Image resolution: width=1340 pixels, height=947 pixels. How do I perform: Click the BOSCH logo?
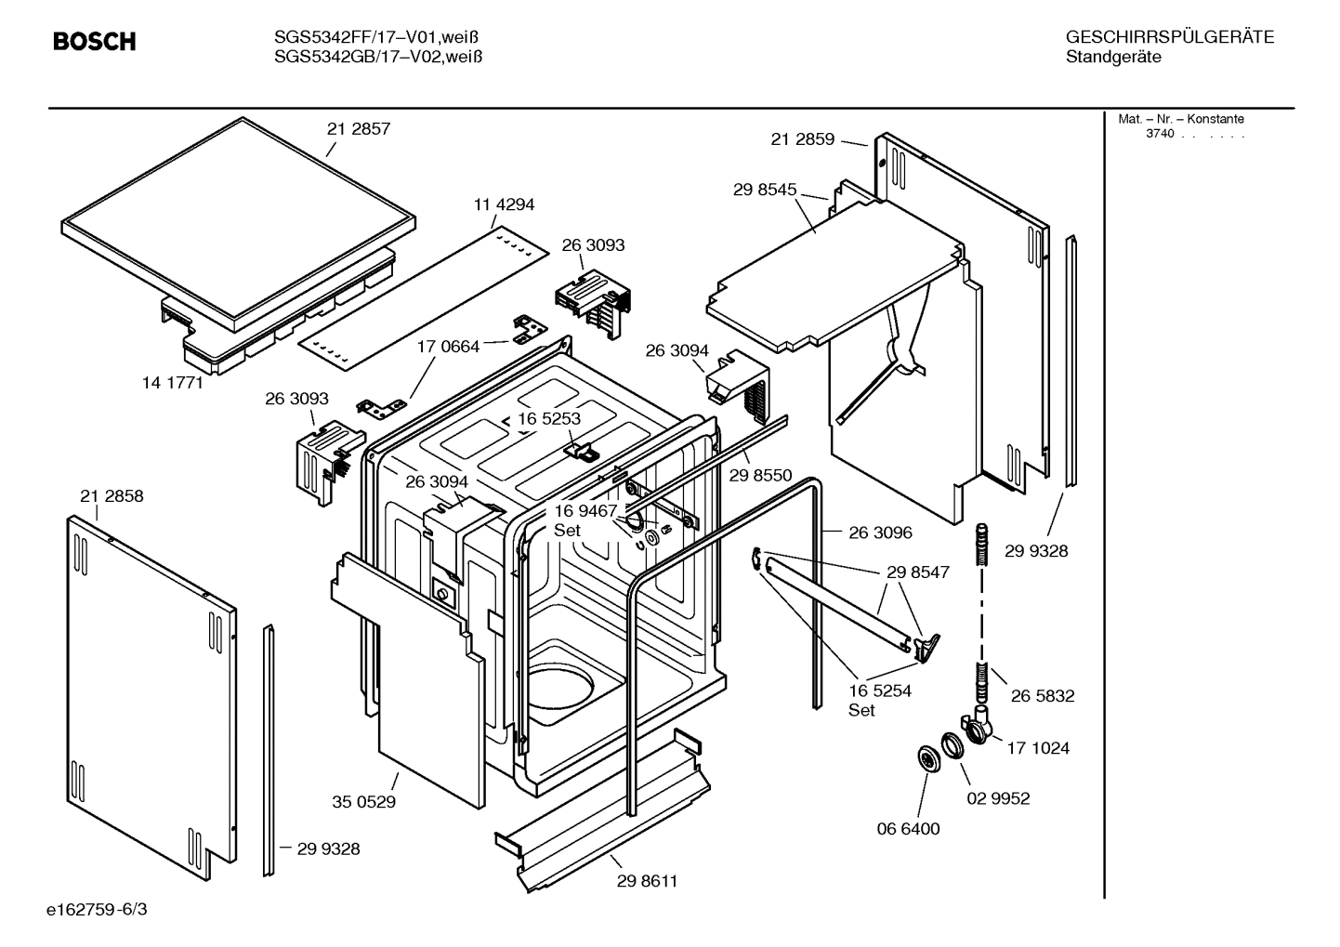point(94,42)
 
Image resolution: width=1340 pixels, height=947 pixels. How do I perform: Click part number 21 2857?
point(358,129)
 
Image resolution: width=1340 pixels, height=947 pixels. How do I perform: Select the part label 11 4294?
point(504,204)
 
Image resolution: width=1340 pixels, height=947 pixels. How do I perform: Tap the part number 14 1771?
point(172,382)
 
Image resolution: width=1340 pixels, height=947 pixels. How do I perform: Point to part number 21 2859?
point(802,139)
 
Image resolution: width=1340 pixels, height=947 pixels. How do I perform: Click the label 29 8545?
point(764,190)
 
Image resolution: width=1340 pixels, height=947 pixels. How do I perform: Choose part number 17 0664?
point(448,347)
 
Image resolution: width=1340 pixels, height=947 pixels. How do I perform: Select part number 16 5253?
point(549,418)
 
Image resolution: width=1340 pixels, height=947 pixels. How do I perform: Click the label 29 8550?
point(760,476)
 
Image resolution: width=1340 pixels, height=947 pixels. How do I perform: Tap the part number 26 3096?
point(880,533)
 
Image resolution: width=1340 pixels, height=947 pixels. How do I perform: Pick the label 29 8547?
point(917,572)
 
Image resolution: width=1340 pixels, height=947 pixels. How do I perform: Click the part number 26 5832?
point(1043,696)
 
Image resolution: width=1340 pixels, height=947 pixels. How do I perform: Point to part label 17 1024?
point(1038,748)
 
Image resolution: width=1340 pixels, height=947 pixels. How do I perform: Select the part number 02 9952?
point(998,798)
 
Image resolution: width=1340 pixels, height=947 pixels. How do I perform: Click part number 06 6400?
point(908,829)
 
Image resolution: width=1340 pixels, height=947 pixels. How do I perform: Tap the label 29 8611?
point(647,881)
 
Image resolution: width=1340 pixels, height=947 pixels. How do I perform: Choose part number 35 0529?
point(363,801)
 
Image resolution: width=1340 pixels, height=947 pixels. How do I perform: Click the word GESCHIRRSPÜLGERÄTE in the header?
point(1169,37)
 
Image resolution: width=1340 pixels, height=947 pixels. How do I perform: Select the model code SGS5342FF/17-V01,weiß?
point(377,37)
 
